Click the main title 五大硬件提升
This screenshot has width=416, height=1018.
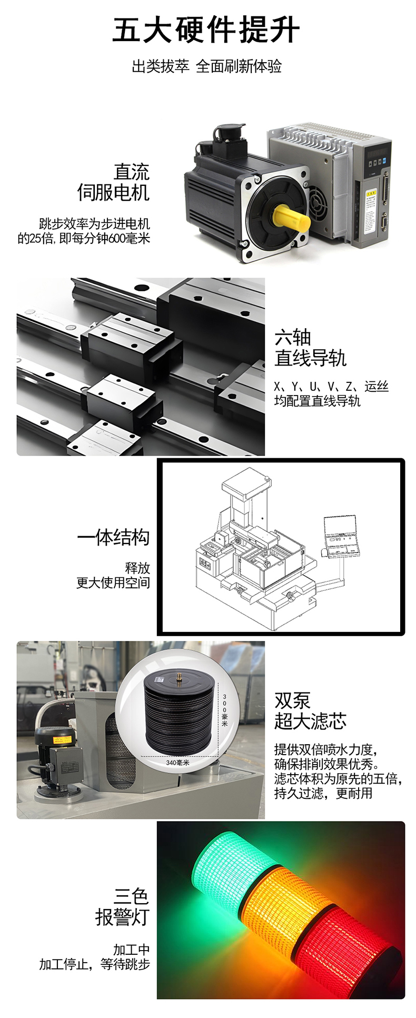206,30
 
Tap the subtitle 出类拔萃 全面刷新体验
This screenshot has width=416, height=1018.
206,66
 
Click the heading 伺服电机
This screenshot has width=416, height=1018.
113,192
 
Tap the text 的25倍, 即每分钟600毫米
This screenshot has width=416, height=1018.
84,239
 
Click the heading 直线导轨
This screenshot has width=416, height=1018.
310,358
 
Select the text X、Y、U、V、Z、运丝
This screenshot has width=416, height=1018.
331,387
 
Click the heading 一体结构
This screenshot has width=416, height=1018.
113,537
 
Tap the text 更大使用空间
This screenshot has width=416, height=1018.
113,582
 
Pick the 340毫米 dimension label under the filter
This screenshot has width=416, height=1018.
177,763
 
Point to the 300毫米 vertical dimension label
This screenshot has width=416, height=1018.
225,710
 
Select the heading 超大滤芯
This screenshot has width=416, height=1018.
310,721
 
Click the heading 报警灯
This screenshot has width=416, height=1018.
122,917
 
